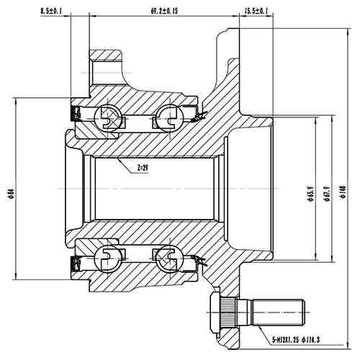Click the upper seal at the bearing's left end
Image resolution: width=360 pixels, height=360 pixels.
pos(74,112)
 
